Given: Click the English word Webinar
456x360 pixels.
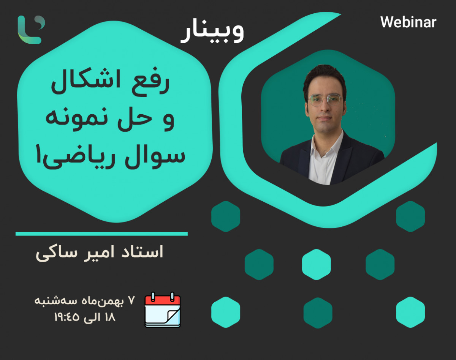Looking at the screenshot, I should click(408, 22).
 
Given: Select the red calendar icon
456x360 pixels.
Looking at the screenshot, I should click(163, 309).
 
